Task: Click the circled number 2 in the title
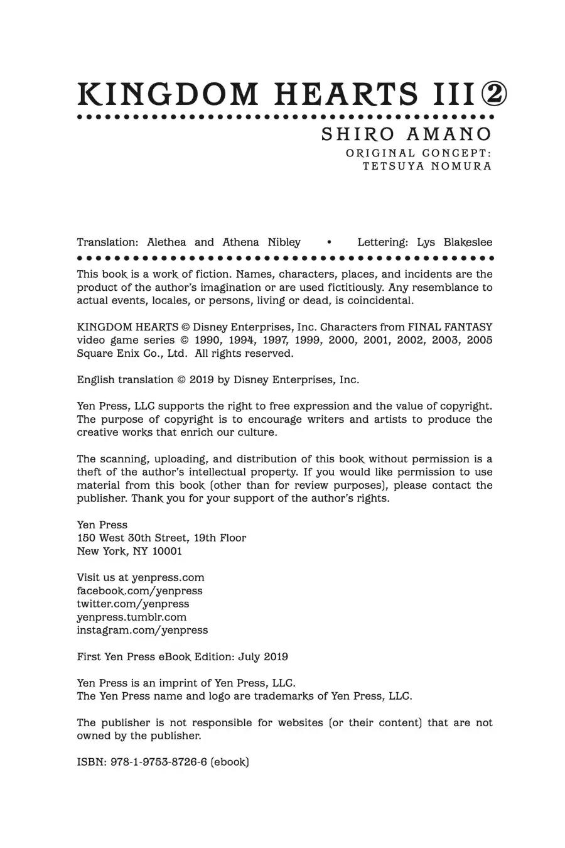click(494, 95)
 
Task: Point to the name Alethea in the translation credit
click(166, 242)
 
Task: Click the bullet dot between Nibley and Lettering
click(329, 242)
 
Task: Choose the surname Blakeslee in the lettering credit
click(468, 242)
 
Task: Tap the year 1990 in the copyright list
click(207, 340)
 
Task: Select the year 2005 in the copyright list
click(479, 340)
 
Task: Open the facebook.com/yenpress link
click(139, 590)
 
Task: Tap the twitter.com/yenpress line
click(132, 604)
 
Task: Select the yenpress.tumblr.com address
click(132, 617)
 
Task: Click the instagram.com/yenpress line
click(142, 630)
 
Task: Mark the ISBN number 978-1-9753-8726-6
click(159, 762)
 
